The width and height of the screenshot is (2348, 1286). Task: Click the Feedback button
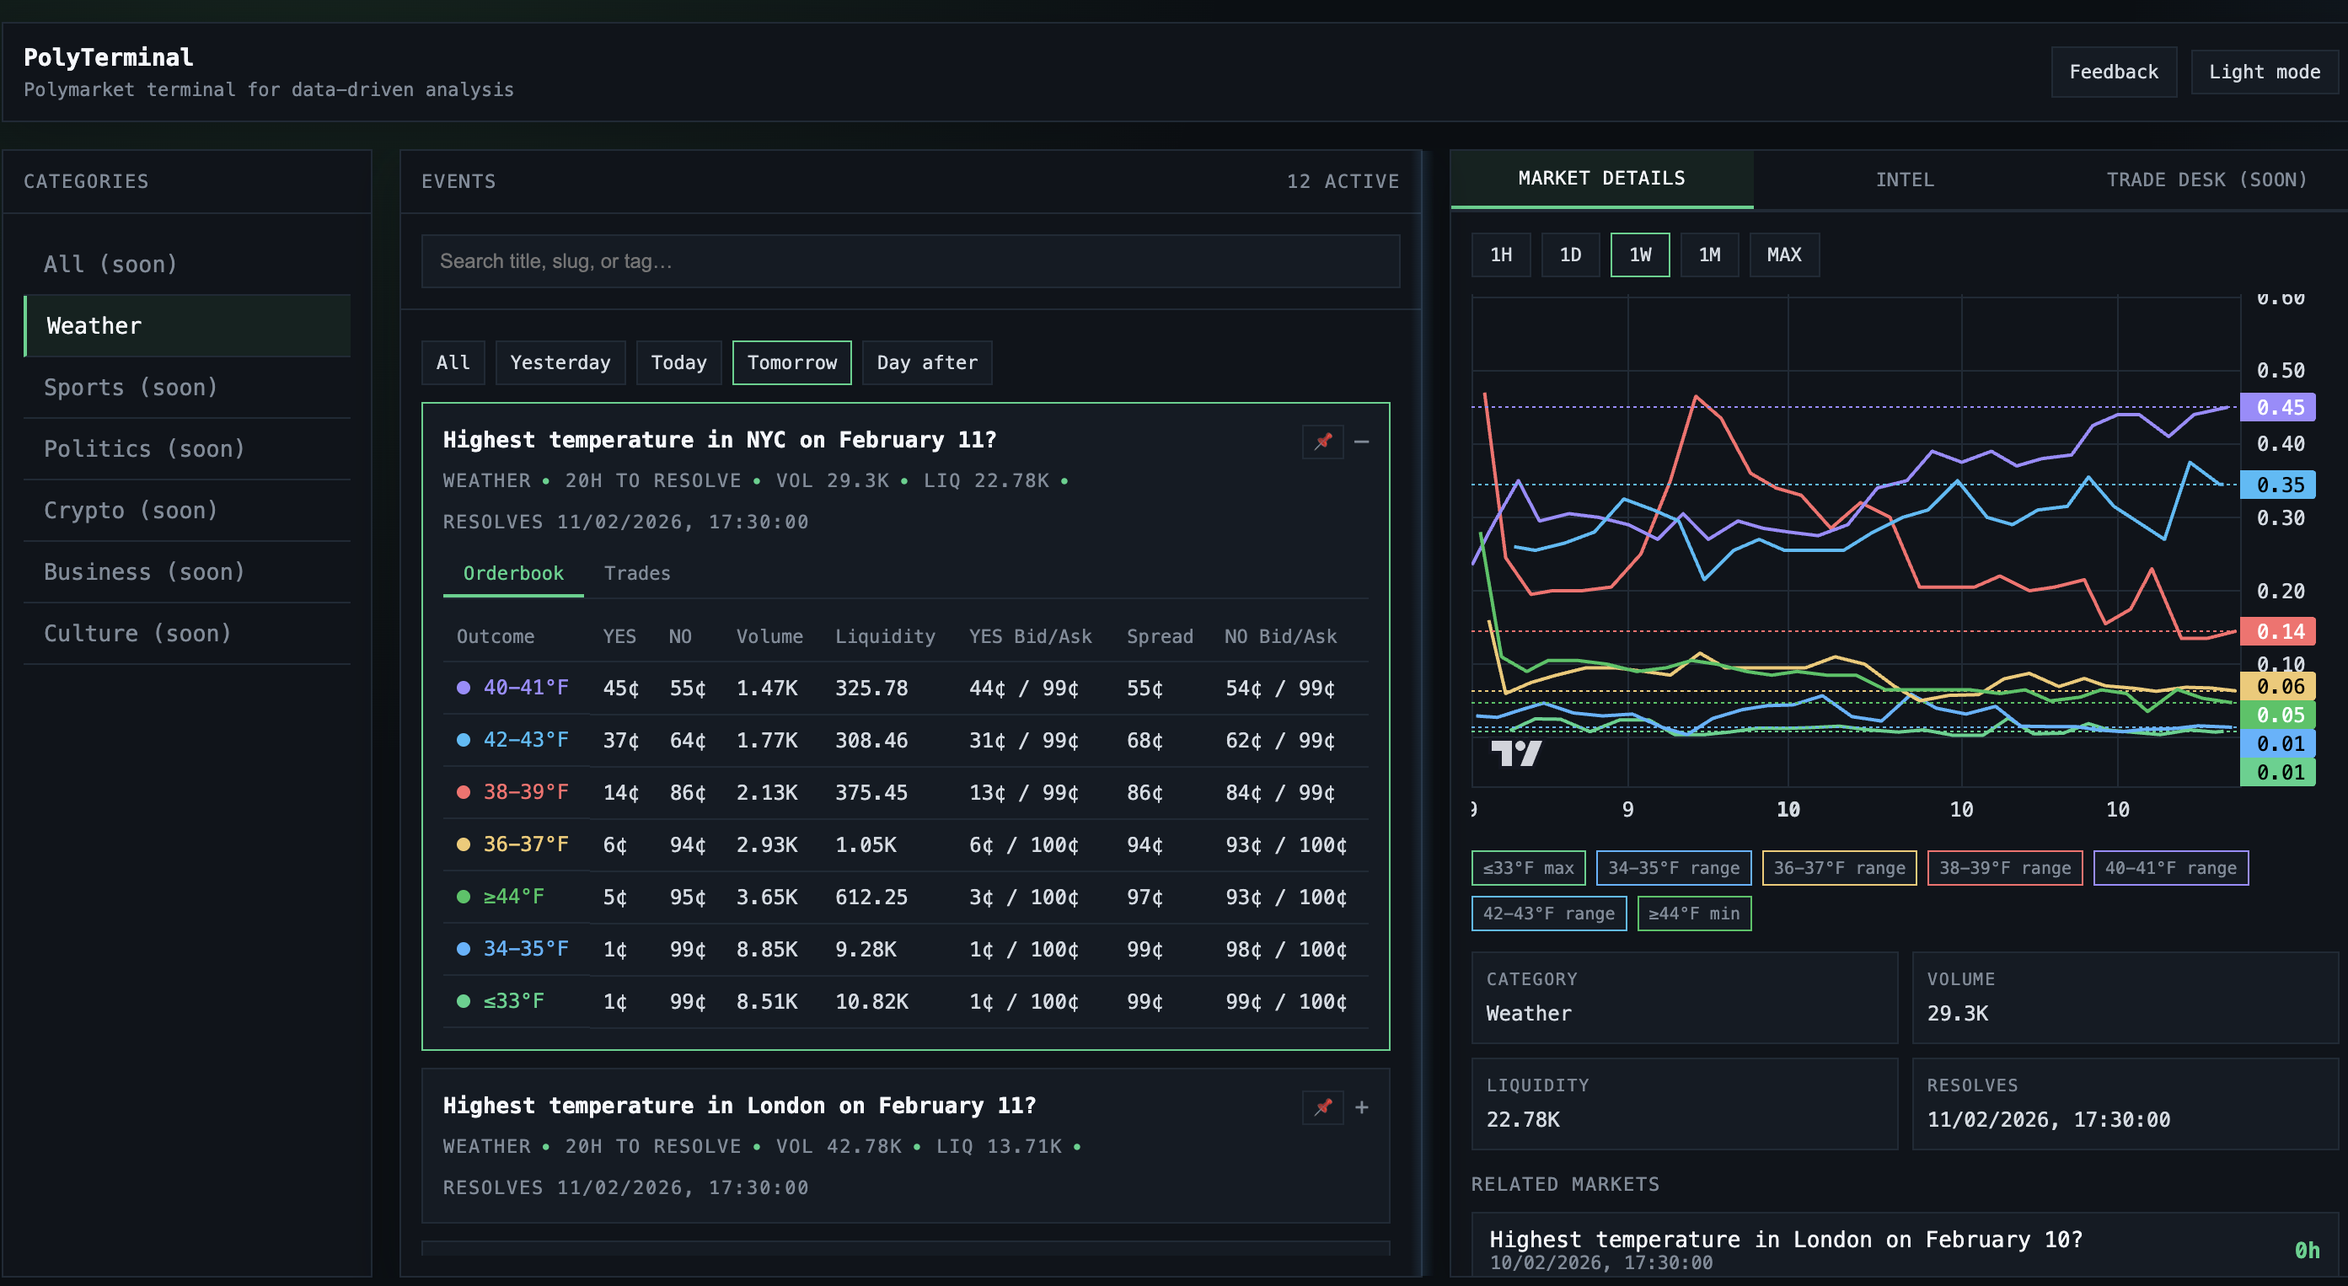pyautogui.click(x=2113, y=72)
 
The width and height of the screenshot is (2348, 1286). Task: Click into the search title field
pyautogui.click(x=909, y=261)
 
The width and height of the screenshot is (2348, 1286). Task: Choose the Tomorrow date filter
pyautogui.click(x=791, y=362)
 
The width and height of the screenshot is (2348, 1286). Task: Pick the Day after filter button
pyautogui.click(x=926, y=362)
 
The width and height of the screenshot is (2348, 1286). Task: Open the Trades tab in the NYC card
pyautogui.click(x=636, y=573)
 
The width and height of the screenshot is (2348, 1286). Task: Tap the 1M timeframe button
pyautogui.click(x=1709, y=255)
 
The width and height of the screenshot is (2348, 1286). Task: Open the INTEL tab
pyautogui.click(x=1904, y=180)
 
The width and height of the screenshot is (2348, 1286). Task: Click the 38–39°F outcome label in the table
pyautogui.click(x=525, y=792)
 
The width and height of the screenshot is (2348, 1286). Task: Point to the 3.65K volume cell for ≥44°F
pyautogui.click(x=767, y=897)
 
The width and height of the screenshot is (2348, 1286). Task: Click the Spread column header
pyautogui.click(x=1159, y=636)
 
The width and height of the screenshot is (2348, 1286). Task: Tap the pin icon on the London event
pyautogui.click(x=1322, y=1106)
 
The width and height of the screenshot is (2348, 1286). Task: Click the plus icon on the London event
pyautogui.click(x=1361, y=1106)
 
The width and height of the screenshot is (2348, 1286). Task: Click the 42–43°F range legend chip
pyautogui.click(x=1547, y=914)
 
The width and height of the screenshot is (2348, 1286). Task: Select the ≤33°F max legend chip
pyautogui.click(x=1528, y=868)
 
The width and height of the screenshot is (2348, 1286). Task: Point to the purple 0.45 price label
pyautogui.click(x=2278, y=407)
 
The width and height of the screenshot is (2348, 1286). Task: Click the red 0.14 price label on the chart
pyautogui.click(x=2278, y=631)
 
